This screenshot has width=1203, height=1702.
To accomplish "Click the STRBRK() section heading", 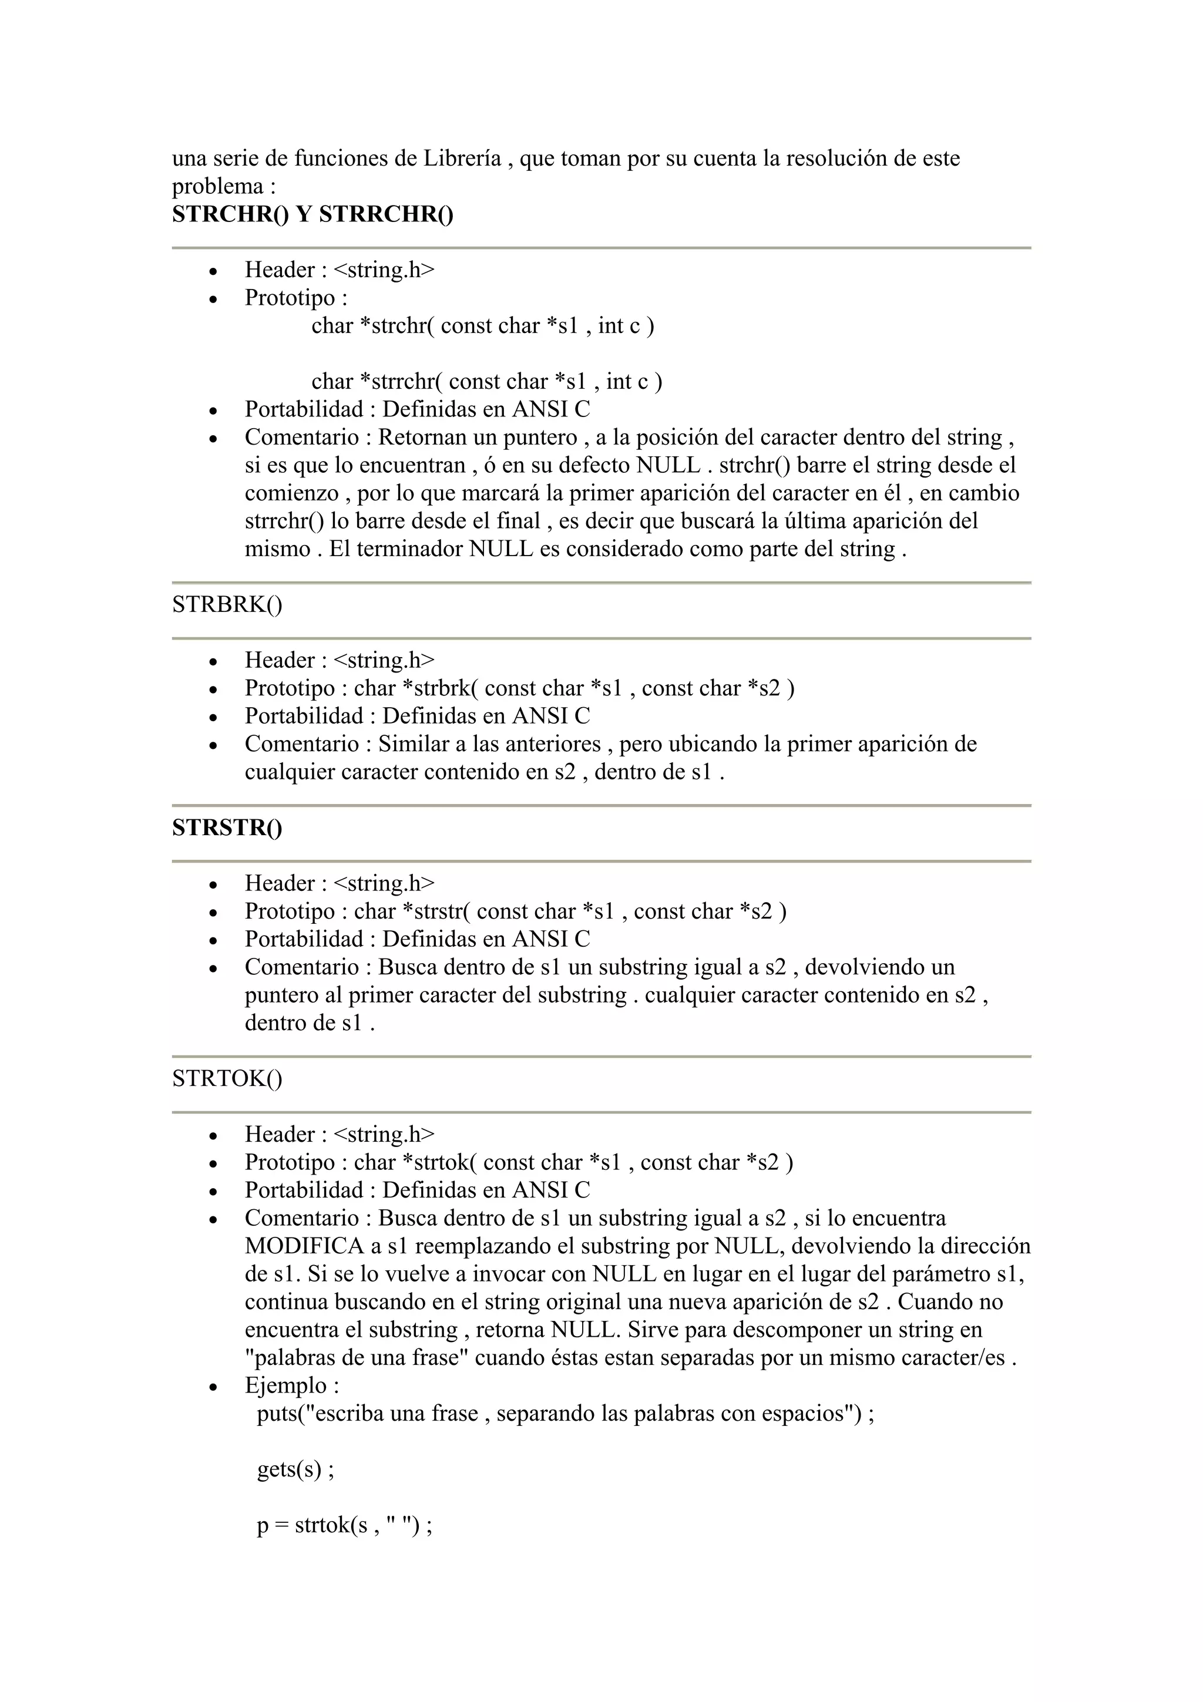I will click(x=227, y=604).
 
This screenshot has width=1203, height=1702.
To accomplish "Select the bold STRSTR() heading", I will click(x=227, y=828).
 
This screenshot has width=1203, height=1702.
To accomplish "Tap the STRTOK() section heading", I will click(x=227, y=1078).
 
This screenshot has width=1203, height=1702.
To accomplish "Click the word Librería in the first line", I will click(x=462, y=158).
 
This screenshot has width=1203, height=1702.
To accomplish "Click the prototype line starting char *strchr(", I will click(x=482, y=325).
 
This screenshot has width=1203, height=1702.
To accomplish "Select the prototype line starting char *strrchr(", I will click(x=486, y=381).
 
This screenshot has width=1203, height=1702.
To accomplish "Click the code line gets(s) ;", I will click(x=295, y=1469).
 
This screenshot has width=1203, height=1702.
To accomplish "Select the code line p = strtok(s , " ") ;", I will click(x=344, y=1526).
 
